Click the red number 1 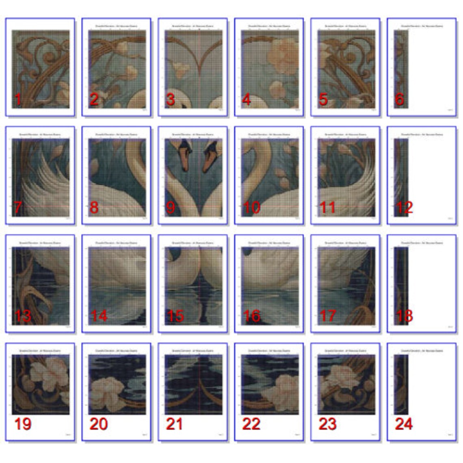17,99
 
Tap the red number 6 399,99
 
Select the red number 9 171,208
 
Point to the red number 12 404,208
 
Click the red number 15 175,316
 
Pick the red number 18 404,316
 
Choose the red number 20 98,424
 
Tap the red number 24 404,424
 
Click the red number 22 251,424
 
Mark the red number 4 246,99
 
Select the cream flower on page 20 105,389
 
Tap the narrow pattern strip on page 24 401,384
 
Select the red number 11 327,208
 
